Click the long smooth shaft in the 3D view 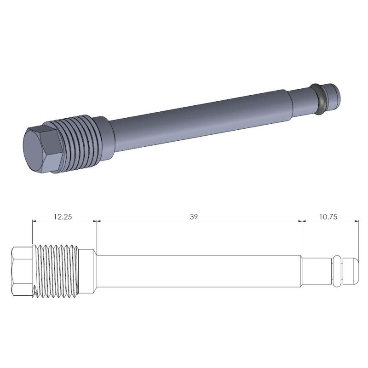(198, 117)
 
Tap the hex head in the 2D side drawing (22, 272)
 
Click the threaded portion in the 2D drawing (57, 272)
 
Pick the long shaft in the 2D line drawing (198, 272)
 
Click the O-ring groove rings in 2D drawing (337, 272)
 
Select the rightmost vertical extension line (358, 239)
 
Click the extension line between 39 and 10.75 (301, 239)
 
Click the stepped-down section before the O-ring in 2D (316, 272)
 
